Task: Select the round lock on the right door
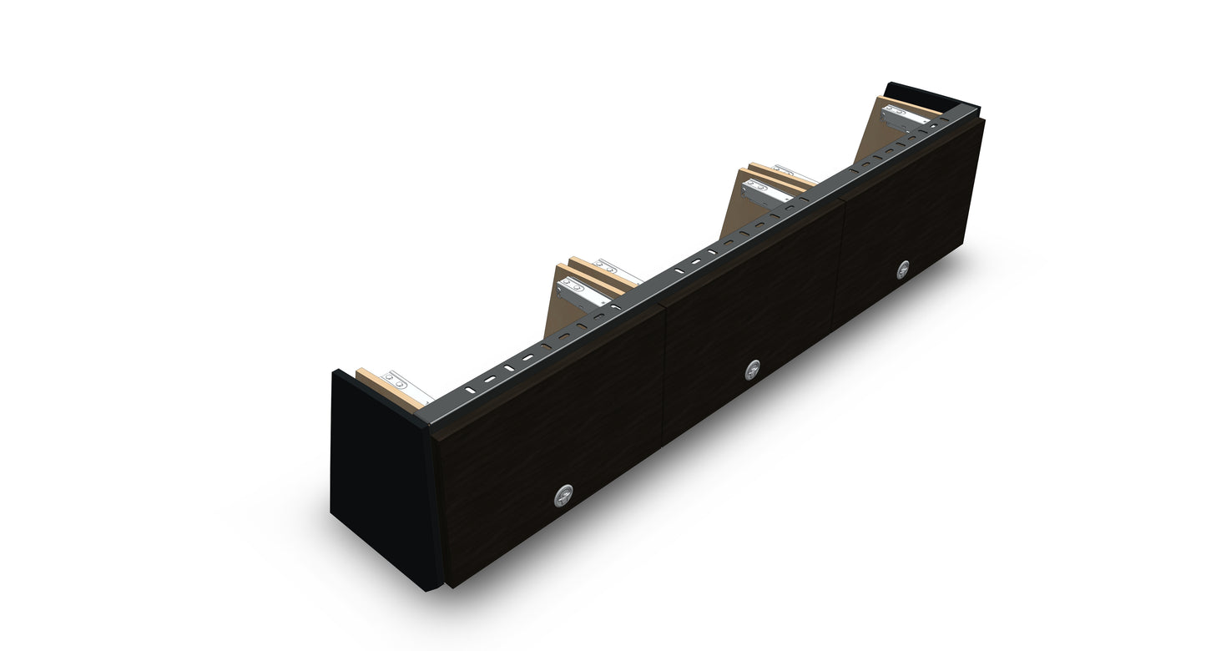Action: [902, 269]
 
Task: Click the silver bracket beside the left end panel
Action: [405, 386]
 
